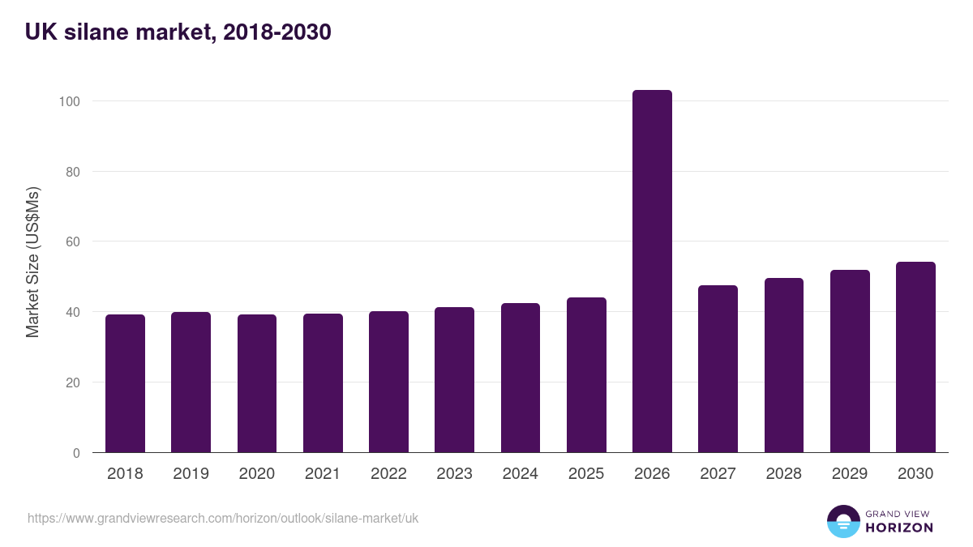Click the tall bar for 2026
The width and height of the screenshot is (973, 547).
click(652, 271)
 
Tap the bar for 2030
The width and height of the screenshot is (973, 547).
click(915, 357)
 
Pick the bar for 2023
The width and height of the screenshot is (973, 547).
click(454, 380)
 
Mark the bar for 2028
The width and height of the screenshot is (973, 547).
click(783, 365)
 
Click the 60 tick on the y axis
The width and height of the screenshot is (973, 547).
click(72, 241)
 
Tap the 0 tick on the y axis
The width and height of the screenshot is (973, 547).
click(75, 453)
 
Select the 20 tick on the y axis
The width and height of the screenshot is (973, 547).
click(72, 382)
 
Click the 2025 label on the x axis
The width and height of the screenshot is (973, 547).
click(586, 474)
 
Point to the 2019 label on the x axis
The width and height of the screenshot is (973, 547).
click(191, 474)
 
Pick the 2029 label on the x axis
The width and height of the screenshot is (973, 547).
click(850, 474)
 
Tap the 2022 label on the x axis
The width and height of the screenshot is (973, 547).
click(388, 474)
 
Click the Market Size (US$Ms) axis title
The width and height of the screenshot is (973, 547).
click(32, 263)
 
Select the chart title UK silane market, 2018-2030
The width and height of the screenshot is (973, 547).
click(178, 32)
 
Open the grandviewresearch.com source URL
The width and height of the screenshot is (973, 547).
click(223, 518)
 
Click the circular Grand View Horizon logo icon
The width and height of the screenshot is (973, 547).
click(842, 521)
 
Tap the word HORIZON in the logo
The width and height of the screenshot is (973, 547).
click(899, 528)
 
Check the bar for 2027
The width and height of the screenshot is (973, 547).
click(718, 369)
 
